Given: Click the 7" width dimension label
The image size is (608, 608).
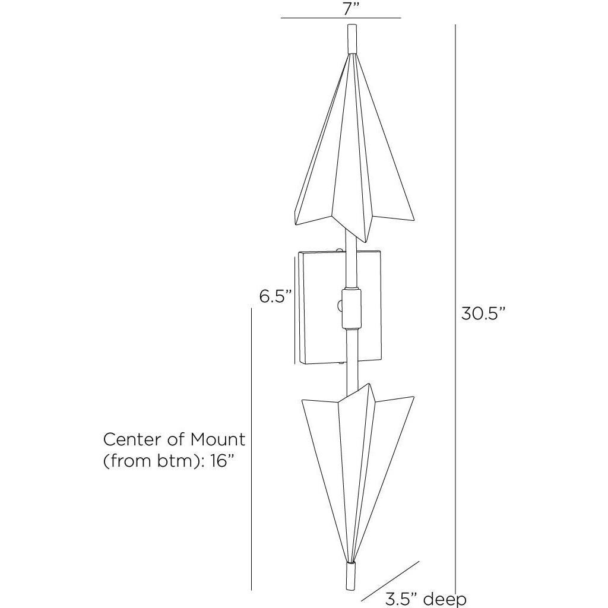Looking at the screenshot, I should point(341,8).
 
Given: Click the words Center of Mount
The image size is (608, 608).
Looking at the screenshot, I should point(174,440).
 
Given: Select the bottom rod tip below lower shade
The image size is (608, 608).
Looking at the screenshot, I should point(351,579).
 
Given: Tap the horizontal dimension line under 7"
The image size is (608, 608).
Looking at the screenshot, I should point(341,19).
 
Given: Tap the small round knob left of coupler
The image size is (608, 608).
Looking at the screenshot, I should point(340,306).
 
